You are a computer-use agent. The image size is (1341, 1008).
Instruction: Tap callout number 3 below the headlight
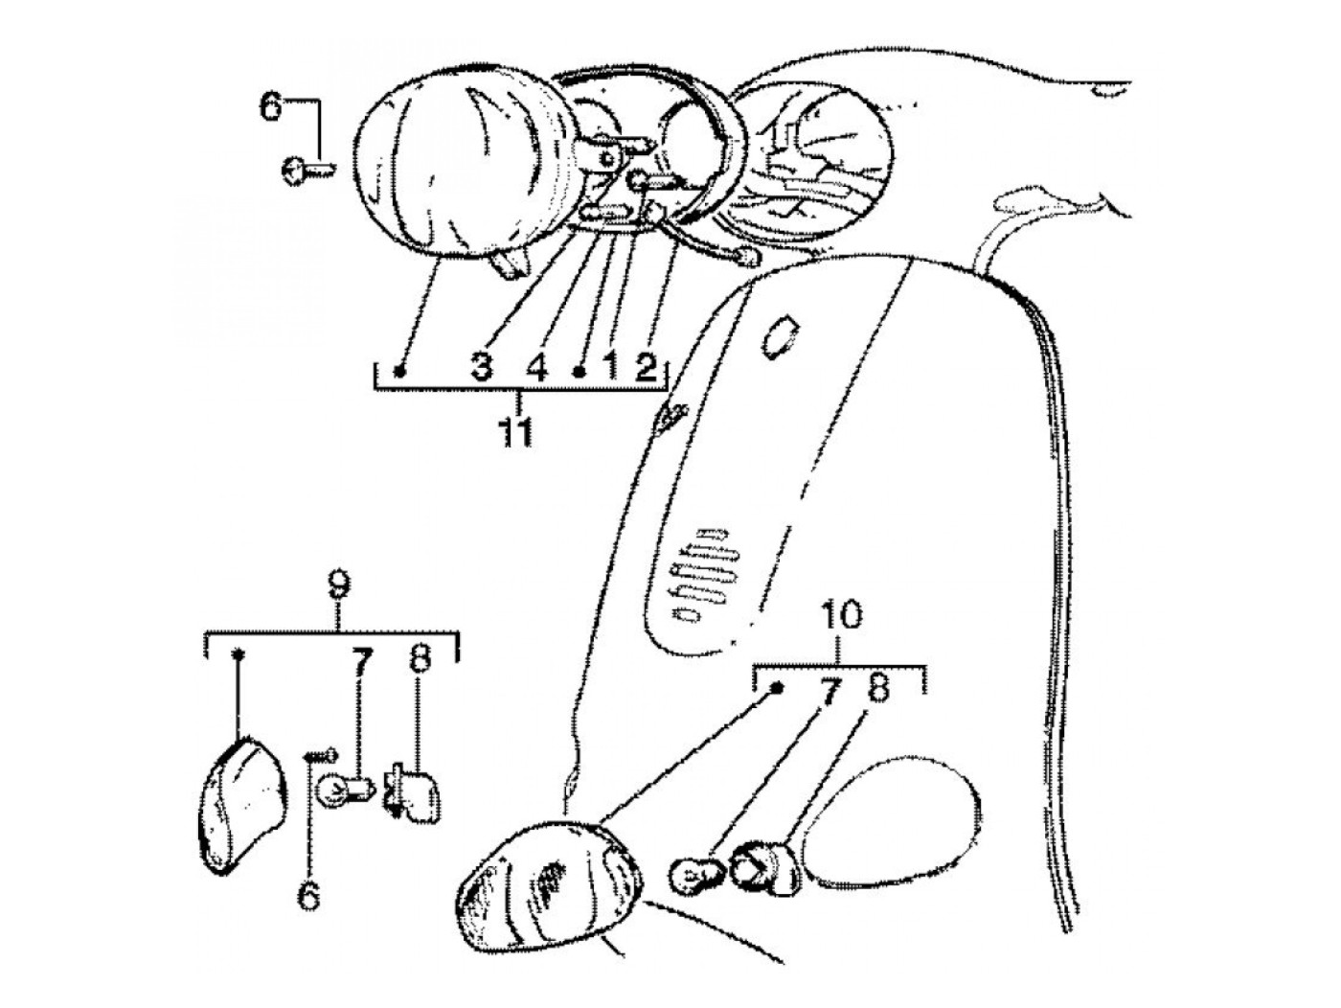482,367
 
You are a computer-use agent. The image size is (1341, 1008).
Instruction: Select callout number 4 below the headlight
536,367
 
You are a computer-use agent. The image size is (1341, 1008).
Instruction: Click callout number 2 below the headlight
646,367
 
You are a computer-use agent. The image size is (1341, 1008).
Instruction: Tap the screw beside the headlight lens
306,172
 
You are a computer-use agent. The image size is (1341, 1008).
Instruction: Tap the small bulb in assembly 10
692,873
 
